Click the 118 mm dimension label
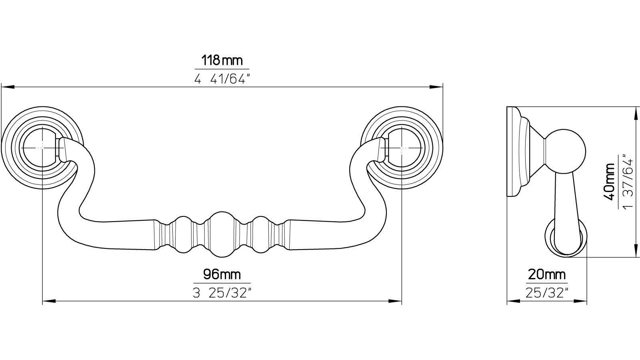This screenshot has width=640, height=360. tap(222, 60)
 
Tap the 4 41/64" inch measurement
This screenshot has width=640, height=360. tap(220, 79)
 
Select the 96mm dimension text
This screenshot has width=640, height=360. tap(222, 274)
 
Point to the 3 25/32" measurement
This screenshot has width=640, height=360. tap(222, 293)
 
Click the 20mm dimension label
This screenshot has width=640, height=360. tap(546, 274)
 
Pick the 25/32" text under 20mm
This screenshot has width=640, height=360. tap(547, 293)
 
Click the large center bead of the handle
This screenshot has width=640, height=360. tap(222, 235)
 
